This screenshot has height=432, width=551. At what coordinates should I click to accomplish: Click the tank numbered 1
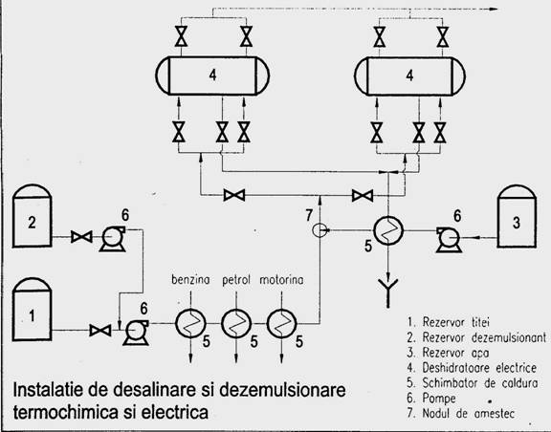[x=32, y=310]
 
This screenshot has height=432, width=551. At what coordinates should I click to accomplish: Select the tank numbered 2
[x=32, y=216]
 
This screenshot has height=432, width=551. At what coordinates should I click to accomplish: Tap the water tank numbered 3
[x=517, y=216]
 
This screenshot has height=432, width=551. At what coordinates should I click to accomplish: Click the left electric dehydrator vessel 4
[x=212, y=76]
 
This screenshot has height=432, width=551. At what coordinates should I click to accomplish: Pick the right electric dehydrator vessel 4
[x=409, y=76]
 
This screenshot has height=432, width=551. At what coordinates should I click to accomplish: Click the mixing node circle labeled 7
[x=320, y=230]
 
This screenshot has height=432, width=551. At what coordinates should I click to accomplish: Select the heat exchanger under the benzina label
[x=190, y=323]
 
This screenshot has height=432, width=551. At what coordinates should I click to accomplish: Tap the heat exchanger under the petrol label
[x=235, y=323]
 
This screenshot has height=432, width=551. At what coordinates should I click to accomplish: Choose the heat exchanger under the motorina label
[x=281, y=323]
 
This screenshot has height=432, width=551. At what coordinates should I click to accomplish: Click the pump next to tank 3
[x=449, y=240]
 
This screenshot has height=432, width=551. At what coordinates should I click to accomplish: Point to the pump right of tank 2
[x=113, y=239]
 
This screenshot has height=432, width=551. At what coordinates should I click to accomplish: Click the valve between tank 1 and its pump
[x=100, y=330]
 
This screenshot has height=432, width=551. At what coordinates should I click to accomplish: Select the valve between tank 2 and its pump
[x=81, y=237]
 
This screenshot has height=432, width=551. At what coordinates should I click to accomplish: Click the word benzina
[x=190, y=280]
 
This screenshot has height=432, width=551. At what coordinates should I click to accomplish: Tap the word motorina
[x=281, y=280]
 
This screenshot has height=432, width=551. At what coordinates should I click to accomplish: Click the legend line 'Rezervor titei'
[x=449, y=322]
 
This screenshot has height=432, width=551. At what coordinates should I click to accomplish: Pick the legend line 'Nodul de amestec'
[x=461, y=413]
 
